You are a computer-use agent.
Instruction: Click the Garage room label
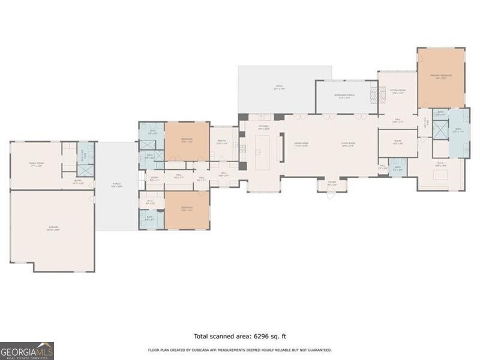click(53, 227)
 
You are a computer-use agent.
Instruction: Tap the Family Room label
click(36, 163)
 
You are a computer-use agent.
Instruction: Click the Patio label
click(279, 87)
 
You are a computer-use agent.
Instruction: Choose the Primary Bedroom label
click(441, 76)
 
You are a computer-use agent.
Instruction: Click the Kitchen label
click(263, 127)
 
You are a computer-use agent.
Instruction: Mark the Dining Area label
click(301, 143)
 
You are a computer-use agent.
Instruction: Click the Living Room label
click(348, 143)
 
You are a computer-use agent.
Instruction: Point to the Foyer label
click(332, 184)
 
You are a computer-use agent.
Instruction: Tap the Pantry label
click(221, 142)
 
